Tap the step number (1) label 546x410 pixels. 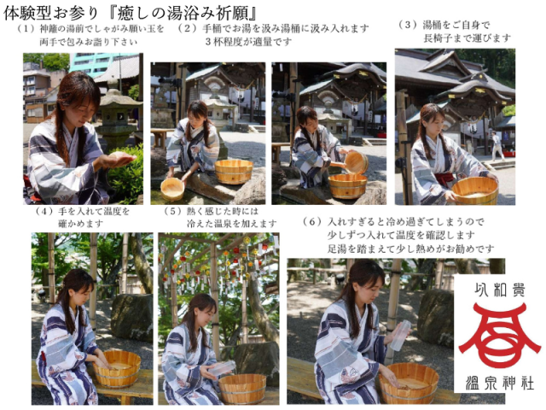click(x=28, y=29)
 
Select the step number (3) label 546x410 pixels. click(x=407, y=25)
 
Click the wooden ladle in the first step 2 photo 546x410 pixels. click(x=173, y=188)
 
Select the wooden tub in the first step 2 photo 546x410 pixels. click(x=233, y=172)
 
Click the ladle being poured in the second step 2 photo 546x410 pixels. click(x=356, y=161)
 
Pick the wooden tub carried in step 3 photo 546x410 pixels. click(x=474, y=189)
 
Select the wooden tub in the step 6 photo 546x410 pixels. click(x=409, y=382)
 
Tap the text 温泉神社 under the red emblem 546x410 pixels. click(x=499, y=389)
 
